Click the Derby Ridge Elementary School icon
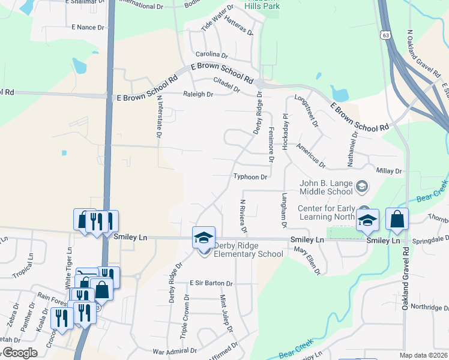point(203,238)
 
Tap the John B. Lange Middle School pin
point(362,187)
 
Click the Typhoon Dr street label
point(250,177)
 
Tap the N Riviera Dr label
point(243,216)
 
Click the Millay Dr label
point(388,171)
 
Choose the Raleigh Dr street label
point(198,94)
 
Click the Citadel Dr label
point(227,85)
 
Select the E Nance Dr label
point(88,27)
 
